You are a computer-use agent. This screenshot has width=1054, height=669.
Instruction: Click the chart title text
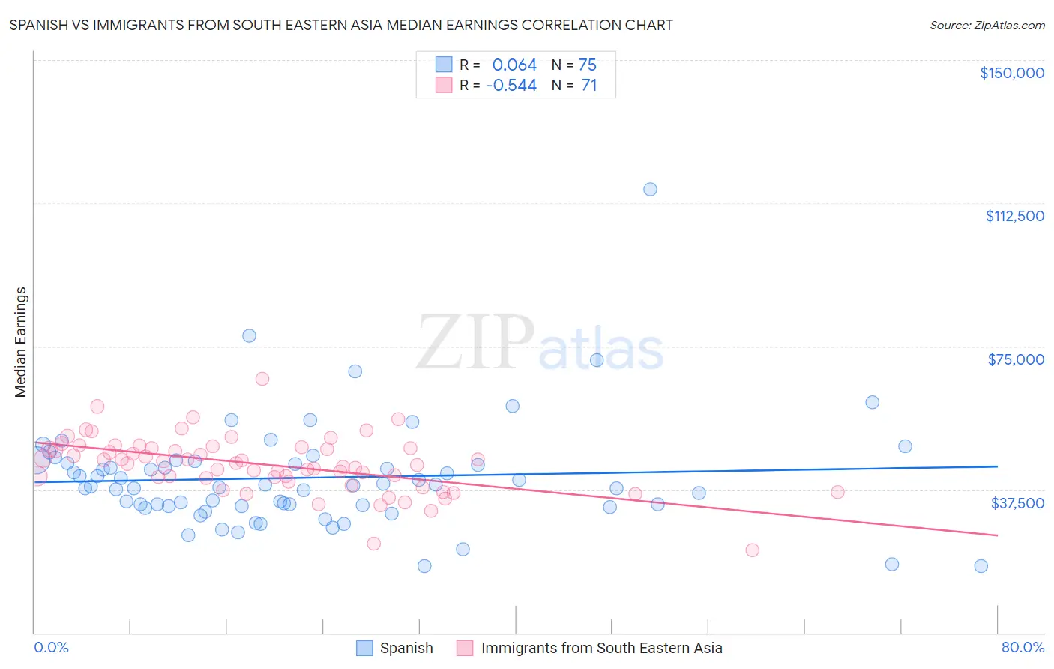(x=341, y=25)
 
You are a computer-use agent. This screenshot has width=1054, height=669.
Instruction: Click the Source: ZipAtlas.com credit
(x=987, y=25)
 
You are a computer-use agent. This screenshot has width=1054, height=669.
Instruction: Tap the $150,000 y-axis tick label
(x=1011, y=73)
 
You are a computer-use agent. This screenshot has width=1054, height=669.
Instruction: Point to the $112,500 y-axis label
(x=1014, y=216)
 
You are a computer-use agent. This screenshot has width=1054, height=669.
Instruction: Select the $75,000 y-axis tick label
(x=1016, y=359)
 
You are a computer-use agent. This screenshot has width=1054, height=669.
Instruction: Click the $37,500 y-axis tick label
(x=1017, y=503)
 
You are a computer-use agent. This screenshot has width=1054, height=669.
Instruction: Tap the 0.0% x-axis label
(x=51, y=647)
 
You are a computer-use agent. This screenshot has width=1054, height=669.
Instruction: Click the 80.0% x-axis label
(x=1023, y=647)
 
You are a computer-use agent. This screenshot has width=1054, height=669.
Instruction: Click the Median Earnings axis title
(x=21, y=342)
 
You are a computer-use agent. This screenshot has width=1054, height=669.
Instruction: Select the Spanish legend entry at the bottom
(x=406, y=648)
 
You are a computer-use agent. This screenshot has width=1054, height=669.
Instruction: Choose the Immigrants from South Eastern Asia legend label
(x=601, y=648)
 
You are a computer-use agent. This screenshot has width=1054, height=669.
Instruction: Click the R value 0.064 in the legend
(x=514, y=65)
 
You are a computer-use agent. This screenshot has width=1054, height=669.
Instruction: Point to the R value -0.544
(x=511, y=85)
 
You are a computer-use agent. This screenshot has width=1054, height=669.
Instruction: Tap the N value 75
(x=588, y=65)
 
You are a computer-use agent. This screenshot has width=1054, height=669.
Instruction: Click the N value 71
(x=589, y=85)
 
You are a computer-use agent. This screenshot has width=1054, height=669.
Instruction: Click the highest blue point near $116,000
(x=650, y=189)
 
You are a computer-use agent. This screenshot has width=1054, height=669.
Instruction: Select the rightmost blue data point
(x=981, y=566)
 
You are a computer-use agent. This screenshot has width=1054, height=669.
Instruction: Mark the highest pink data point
(x=262, y=379)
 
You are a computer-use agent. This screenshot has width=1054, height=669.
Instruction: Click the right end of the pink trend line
(x=997, y=535)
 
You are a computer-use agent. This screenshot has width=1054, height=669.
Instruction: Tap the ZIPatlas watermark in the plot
(x=540, y=343)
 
